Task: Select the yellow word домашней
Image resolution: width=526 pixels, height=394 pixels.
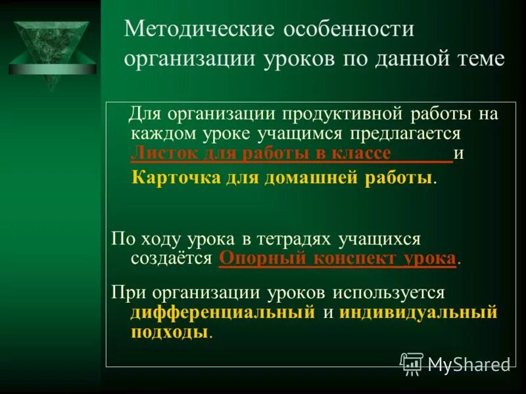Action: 309,178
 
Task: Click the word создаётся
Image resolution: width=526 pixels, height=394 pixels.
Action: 172,258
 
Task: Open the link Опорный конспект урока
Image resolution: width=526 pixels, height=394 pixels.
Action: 337,258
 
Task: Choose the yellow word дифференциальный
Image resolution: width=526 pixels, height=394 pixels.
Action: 224,312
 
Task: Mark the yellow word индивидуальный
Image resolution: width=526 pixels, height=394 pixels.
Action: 418,312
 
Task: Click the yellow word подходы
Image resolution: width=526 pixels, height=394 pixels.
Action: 170,332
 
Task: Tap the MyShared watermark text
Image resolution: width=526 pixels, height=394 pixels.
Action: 469,365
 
